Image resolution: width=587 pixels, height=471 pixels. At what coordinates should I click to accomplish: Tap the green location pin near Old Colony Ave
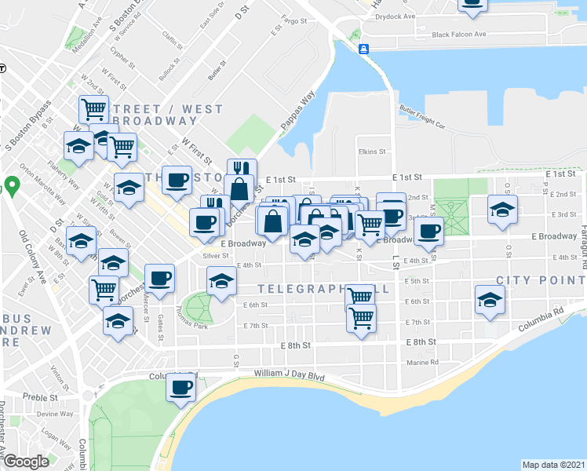[x=12, y=187]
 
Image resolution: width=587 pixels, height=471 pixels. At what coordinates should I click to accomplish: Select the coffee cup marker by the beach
[x=181, y=388]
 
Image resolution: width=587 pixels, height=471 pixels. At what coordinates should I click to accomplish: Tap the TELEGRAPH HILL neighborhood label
[x=325, y=290]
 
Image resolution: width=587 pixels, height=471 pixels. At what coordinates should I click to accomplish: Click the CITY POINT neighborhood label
[x=541, y=280]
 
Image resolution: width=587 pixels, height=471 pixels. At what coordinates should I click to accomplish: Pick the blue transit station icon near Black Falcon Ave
[x=364, y=49]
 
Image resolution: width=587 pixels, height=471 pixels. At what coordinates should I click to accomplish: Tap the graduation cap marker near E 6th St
[x=490, y=301]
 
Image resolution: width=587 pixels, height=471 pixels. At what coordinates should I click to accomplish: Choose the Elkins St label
[x=372, y=152]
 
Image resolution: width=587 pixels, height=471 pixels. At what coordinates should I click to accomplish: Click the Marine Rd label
[x=423, y=363]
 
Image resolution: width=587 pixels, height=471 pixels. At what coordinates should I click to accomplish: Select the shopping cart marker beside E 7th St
[x=361, y=319]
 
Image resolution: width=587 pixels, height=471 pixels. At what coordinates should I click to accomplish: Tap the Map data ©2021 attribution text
[x=553, y=465]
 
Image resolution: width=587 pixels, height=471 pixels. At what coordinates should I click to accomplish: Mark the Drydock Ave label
[x=395, y=16]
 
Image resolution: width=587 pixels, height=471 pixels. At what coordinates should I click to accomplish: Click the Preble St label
[x=35, y=397]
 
